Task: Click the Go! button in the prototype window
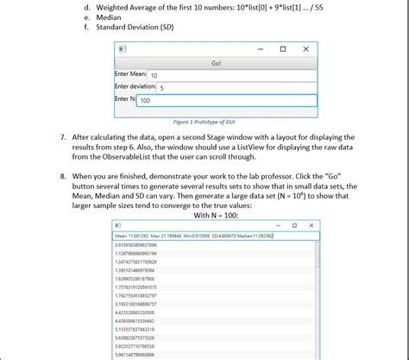coord(216,64)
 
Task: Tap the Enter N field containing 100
coord(225,101)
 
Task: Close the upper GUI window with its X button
coord(305,50)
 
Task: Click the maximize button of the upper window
coord(282,50)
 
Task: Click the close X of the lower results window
coord(314,225)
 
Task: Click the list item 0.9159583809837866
coord(142,245)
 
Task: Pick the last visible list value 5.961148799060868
coord(142,354)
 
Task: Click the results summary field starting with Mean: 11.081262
coord(194,236)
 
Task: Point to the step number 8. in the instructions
coord(64,175)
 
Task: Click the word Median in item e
coord(107,16)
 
